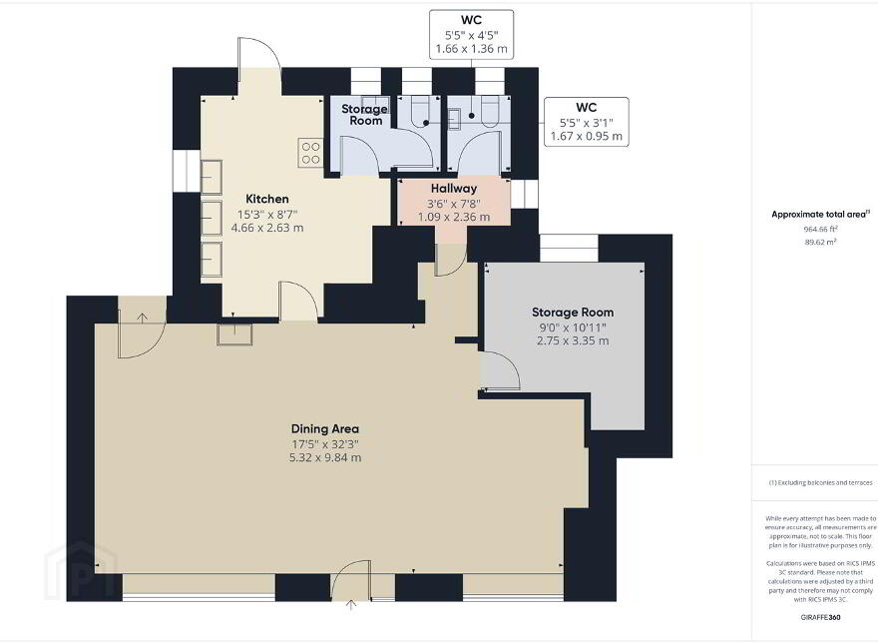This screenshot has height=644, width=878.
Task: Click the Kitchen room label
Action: tap(267, 199)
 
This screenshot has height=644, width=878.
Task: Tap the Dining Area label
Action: tap(325, 428)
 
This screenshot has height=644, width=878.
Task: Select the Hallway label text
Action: tap(454, 189)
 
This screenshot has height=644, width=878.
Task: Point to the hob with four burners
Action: tap(310, 153)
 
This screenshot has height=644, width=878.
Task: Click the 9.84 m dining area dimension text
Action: tap(325, 457)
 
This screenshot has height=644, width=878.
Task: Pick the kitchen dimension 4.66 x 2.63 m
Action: tap(267, 228)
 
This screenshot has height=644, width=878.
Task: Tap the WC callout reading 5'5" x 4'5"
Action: tap(472, 34)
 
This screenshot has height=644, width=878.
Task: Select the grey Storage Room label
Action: tap(573, 313)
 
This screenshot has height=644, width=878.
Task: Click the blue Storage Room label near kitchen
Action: tap(364, 115)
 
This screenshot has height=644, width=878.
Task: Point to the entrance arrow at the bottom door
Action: tap(351, 605)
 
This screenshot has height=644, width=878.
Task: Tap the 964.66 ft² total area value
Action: tap(820, 229)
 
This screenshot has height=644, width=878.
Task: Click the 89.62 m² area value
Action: tap(820, 243)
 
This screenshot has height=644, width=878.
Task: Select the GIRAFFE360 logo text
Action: tap(820, 618)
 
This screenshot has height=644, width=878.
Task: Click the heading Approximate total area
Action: tap(820, 214)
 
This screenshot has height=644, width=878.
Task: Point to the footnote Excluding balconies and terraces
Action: tap(820, 482)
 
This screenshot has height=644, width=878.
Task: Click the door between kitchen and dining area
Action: tap(299, 302)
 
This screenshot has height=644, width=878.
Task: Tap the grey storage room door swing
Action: tap(500, 370)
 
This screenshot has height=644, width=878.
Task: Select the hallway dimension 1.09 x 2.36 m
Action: tap(454, 217)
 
